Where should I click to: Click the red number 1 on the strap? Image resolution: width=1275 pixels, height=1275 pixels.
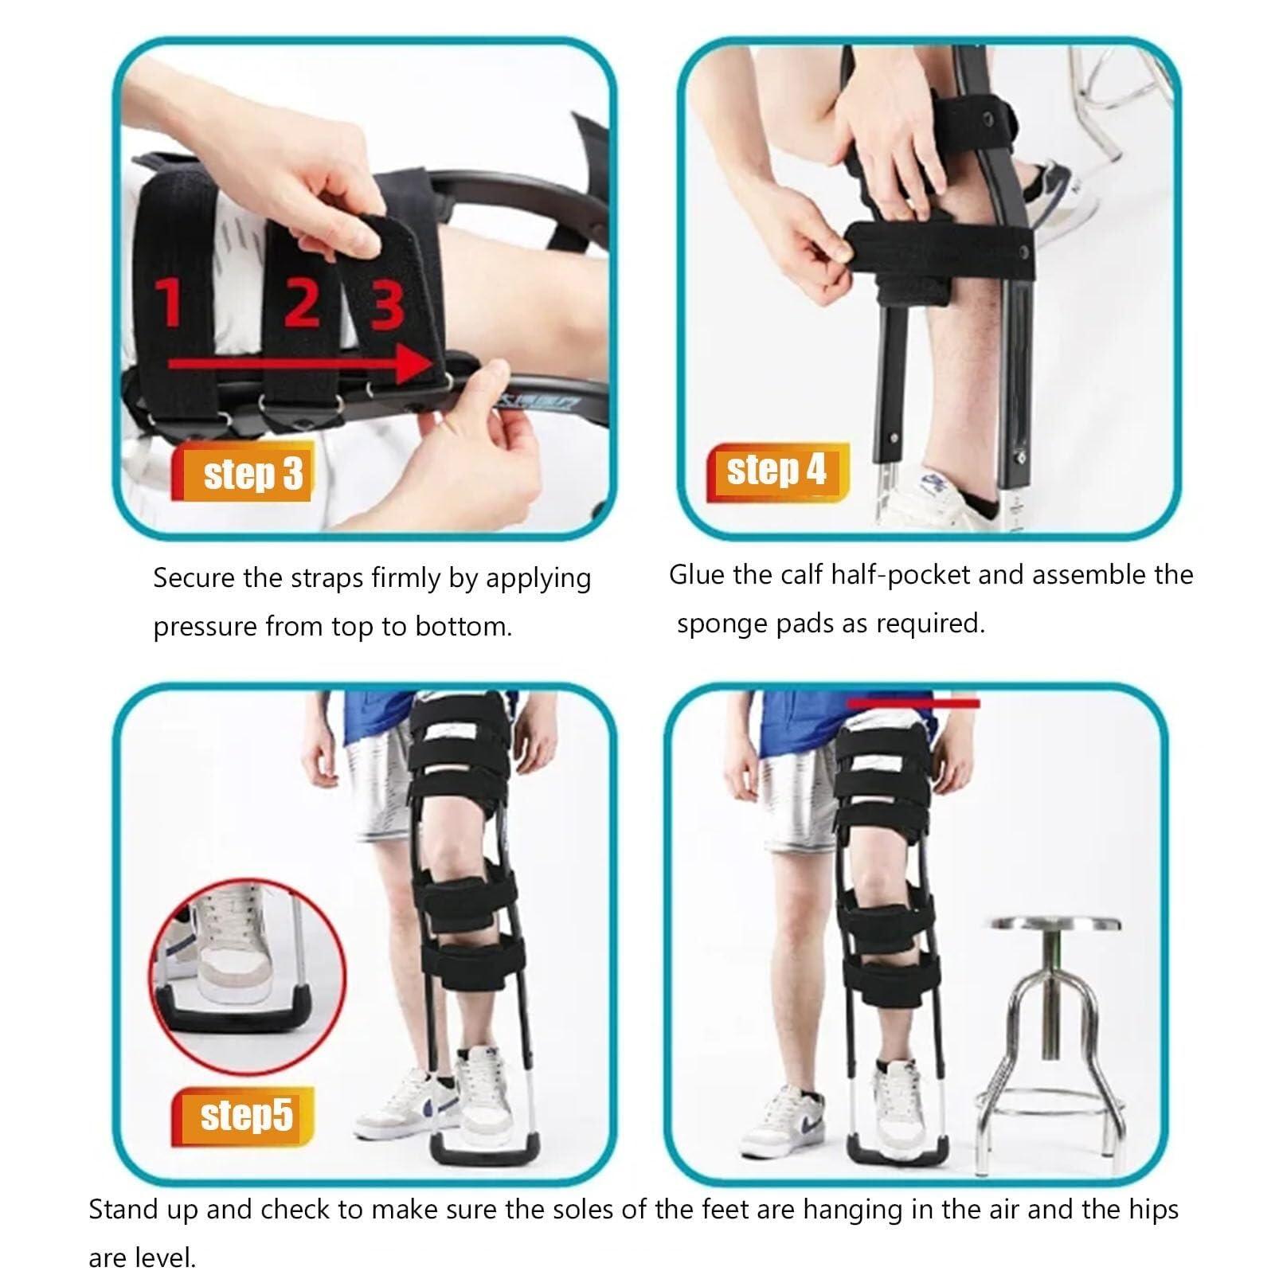point(169,303)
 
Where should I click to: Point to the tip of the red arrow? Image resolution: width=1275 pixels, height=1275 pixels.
point(430,365)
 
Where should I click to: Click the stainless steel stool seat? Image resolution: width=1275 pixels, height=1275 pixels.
point(1054,924)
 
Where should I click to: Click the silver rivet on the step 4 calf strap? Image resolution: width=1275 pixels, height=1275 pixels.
point(1025,253)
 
